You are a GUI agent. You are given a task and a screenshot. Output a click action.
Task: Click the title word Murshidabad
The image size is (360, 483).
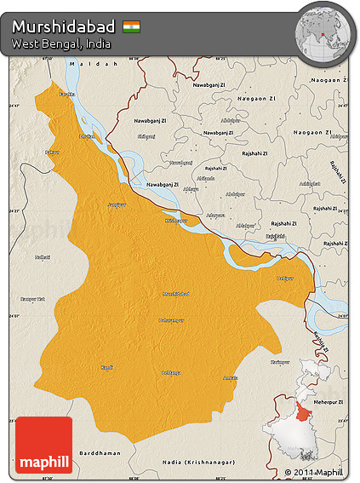64,26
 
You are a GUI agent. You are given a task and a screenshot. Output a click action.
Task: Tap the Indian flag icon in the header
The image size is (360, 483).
132,26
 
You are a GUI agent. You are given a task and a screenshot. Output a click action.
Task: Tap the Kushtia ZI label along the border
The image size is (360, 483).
322,341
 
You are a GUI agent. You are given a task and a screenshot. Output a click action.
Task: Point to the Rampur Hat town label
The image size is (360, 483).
32,299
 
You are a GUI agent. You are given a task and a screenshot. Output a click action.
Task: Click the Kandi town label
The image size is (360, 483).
106,367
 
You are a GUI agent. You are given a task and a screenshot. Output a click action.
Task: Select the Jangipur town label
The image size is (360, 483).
115,204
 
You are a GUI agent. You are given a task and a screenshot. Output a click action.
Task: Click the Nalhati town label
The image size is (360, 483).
43,256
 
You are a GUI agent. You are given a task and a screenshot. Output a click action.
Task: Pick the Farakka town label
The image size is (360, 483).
66,94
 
